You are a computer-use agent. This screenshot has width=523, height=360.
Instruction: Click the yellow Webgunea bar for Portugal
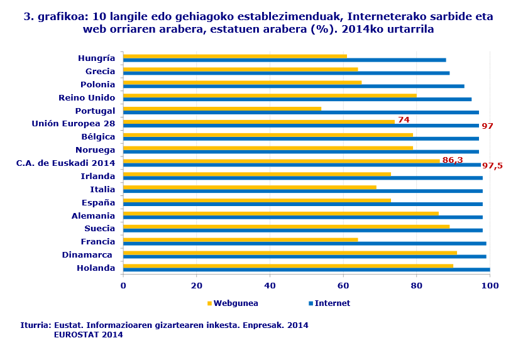tap(222, 109)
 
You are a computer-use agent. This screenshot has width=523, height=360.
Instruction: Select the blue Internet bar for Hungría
tap(284, 60)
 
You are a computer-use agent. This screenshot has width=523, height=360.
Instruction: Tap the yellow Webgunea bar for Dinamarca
tap(290, 253)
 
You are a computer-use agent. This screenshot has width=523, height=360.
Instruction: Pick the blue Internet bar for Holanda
tap(306, 270)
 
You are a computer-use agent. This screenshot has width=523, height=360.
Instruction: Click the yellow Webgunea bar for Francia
tap(240, 239)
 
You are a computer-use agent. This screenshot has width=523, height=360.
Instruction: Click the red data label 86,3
tap(453, 160)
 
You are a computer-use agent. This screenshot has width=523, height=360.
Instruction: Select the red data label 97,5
tap(492, 166)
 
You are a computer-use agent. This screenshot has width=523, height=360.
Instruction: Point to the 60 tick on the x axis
tap(343, 286)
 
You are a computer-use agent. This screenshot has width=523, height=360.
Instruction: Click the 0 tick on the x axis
tap(123, 286)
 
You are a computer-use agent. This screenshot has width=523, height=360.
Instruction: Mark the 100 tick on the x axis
tap(490, 286)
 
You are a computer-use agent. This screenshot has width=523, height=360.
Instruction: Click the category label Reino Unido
tap(87, 97)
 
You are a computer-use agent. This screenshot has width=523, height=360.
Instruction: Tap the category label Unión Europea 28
tap(74, 124)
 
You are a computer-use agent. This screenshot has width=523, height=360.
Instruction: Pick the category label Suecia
tap(98, 229)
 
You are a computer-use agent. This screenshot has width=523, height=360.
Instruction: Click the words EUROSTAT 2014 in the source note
tap(88, 335)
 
